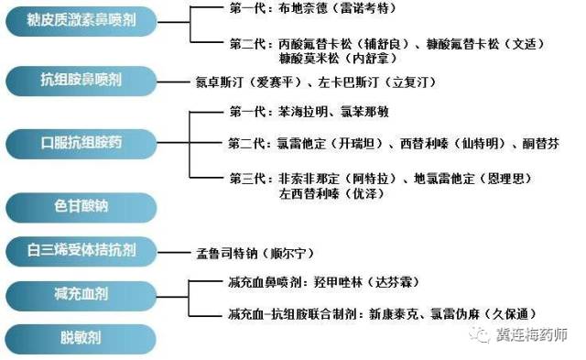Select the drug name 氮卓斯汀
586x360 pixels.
pyautogui.click(x=220, y=82)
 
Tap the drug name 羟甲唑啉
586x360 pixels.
pyautogui.click(x=338, y=281)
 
